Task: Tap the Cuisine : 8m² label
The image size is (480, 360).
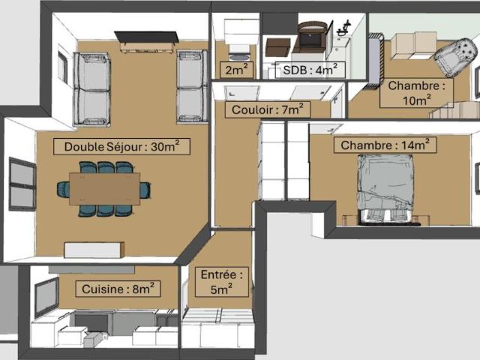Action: point(118,288)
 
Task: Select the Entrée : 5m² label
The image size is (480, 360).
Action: point(218,281)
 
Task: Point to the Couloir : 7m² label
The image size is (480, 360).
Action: point(267,109)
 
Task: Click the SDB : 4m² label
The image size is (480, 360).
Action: point(313,70)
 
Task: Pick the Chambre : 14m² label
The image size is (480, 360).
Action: point(385,145)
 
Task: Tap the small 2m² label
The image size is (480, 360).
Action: point(236,70)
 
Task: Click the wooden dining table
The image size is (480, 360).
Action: point(104,188)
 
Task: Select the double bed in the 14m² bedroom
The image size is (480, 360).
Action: point(387,187)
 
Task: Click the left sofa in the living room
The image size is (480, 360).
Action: point(91,88)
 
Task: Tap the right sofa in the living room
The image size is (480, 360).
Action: point(191,86)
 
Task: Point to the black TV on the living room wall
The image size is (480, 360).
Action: point(145,37)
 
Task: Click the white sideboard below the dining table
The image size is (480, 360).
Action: point(93,250)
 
